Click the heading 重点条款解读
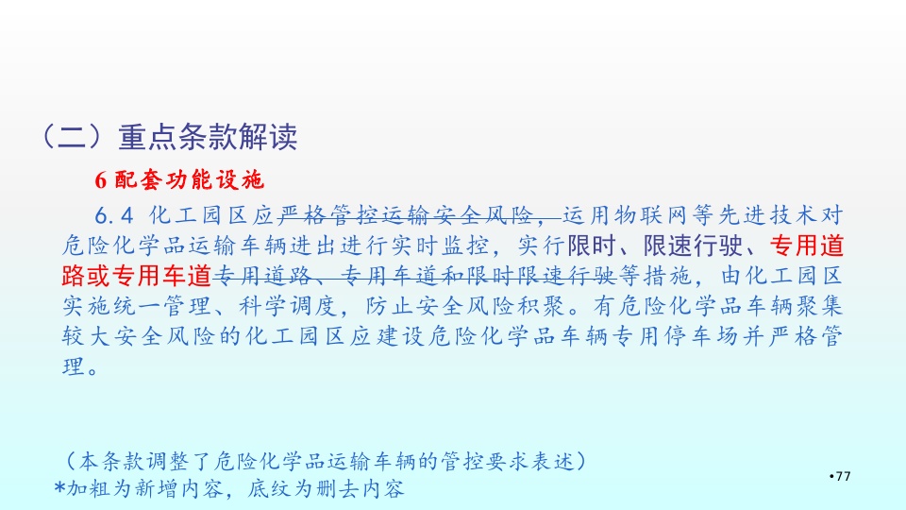(208, 137)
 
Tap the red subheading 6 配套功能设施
(179, 180)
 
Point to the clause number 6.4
(114, 216)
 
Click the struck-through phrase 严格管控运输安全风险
(406, 215)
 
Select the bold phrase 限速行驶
(693, 246)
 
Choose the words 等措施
(655, 276)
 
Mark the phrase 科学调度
(289, 306)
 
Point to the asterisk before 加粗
(59, 487)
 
